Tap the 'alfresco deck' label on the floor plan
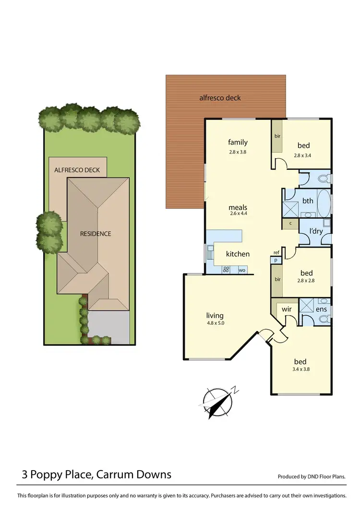220,98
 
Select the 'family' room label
238,142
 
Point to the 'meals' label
238,207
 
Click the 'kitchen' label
238,254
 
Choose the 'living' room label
215,315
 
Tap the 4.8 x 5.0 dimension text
215,323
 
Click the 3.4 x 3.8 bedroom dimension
300,369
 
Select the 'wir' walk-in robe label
287,309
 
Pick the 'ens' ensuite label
321,309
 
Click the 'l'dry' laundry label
316,231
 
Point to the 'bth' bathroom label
308,201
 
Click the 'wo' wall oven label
242,270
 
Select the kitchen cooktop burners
227,270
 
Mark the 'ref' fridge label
276,252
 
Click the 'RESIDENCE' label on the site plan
96,234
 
